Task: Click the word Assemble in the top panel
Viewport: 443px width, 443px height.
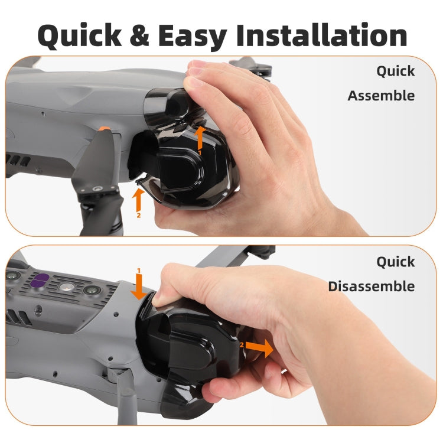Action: tap(381, 96)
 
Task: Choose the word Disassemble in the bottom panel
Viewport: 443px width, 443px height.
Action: tap(372, 286)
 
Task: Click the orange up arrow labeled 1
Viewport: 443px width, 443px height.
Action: tap(200, 138)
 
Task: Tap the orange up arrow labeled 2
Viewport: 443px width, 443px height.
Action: tap(138, 200)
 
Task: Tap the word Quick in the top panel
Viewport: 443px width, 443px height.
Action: tap(396, 71)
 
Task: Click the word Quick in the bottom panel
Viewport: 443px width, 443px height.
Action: tap(396, 262)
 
